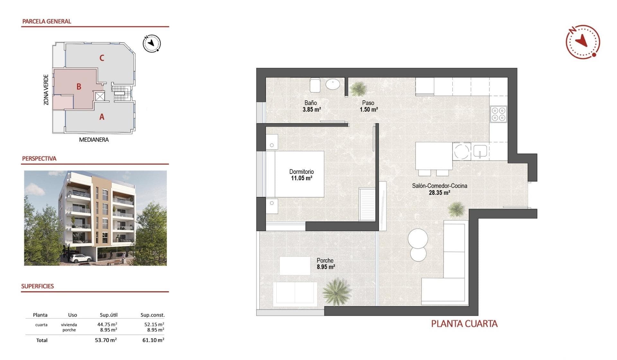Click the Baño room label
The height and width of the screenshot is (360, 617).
coord(311,103)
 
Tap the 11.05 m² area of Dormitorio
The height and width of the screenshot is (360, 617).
coord(301,178)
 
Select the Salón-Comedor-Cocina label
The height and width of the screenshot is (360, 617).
coord(440,186)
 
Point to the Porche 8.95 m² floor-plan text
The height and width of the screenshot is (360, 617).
coord(326,264)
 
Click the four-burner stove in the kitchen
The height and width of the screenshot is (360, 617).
coord(498,114)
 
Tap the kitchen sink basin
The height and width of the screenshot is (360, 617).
coord(480,150)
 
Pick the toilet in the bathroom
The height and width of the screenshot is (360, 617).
coord(315,85)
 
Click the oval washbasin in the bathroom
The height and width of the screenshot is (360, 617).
coord(333,85)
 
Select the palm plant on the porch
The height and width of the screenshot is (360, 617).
coord(336,291)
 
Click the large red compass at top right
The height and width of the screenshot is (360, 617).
coord(583,42)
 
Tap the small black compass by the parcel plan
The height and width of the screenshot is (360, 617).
coord(152,43)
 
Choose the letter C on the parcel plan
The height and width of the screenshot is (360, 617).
coord(102,58)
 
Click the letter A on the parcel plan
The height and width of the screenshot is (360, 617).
coord(102,117)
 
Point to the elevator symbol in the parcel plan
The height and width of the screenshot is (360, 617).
coord(100,96)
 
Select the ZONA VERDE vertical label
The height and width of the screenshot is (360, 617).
coord(46,90)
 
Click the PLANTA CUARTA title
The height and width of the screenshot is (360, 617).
coord(464,324)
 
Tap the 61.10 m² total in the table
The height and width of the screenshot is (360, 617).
coord(153,340)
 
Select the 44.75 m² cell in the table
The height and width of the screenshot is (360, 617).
coord(107,324)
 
